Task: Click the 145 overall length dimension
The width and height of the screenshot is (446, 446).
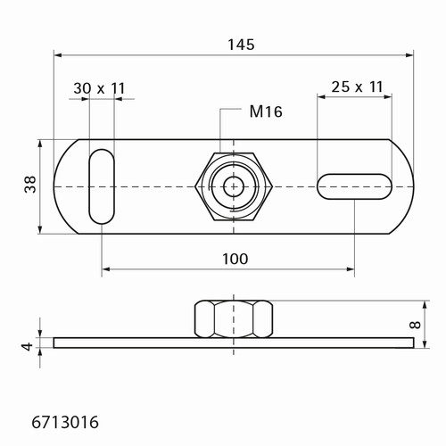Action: pos(241,45)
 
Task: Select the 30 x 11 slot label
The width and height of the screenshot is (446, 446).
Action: pos(99,88)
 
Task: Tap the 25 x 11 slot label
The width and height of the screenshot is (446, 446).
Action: pos(357,87)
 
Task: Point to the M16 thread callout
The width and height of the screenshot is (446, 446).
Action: pos(266,111)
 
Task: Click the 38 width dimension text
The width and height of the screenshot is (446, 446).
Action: pos(30,185)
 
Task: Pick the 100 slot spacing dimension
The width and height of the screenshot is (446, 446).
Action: pos(235,259)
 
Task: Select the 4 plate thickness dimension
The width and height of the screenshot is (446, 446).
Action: pos(29,347)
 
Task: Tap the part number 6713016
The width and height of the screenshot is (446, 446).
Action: pos(65,422)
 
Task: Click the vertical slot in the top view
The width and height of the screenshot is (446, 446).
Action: pos(102,186)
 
